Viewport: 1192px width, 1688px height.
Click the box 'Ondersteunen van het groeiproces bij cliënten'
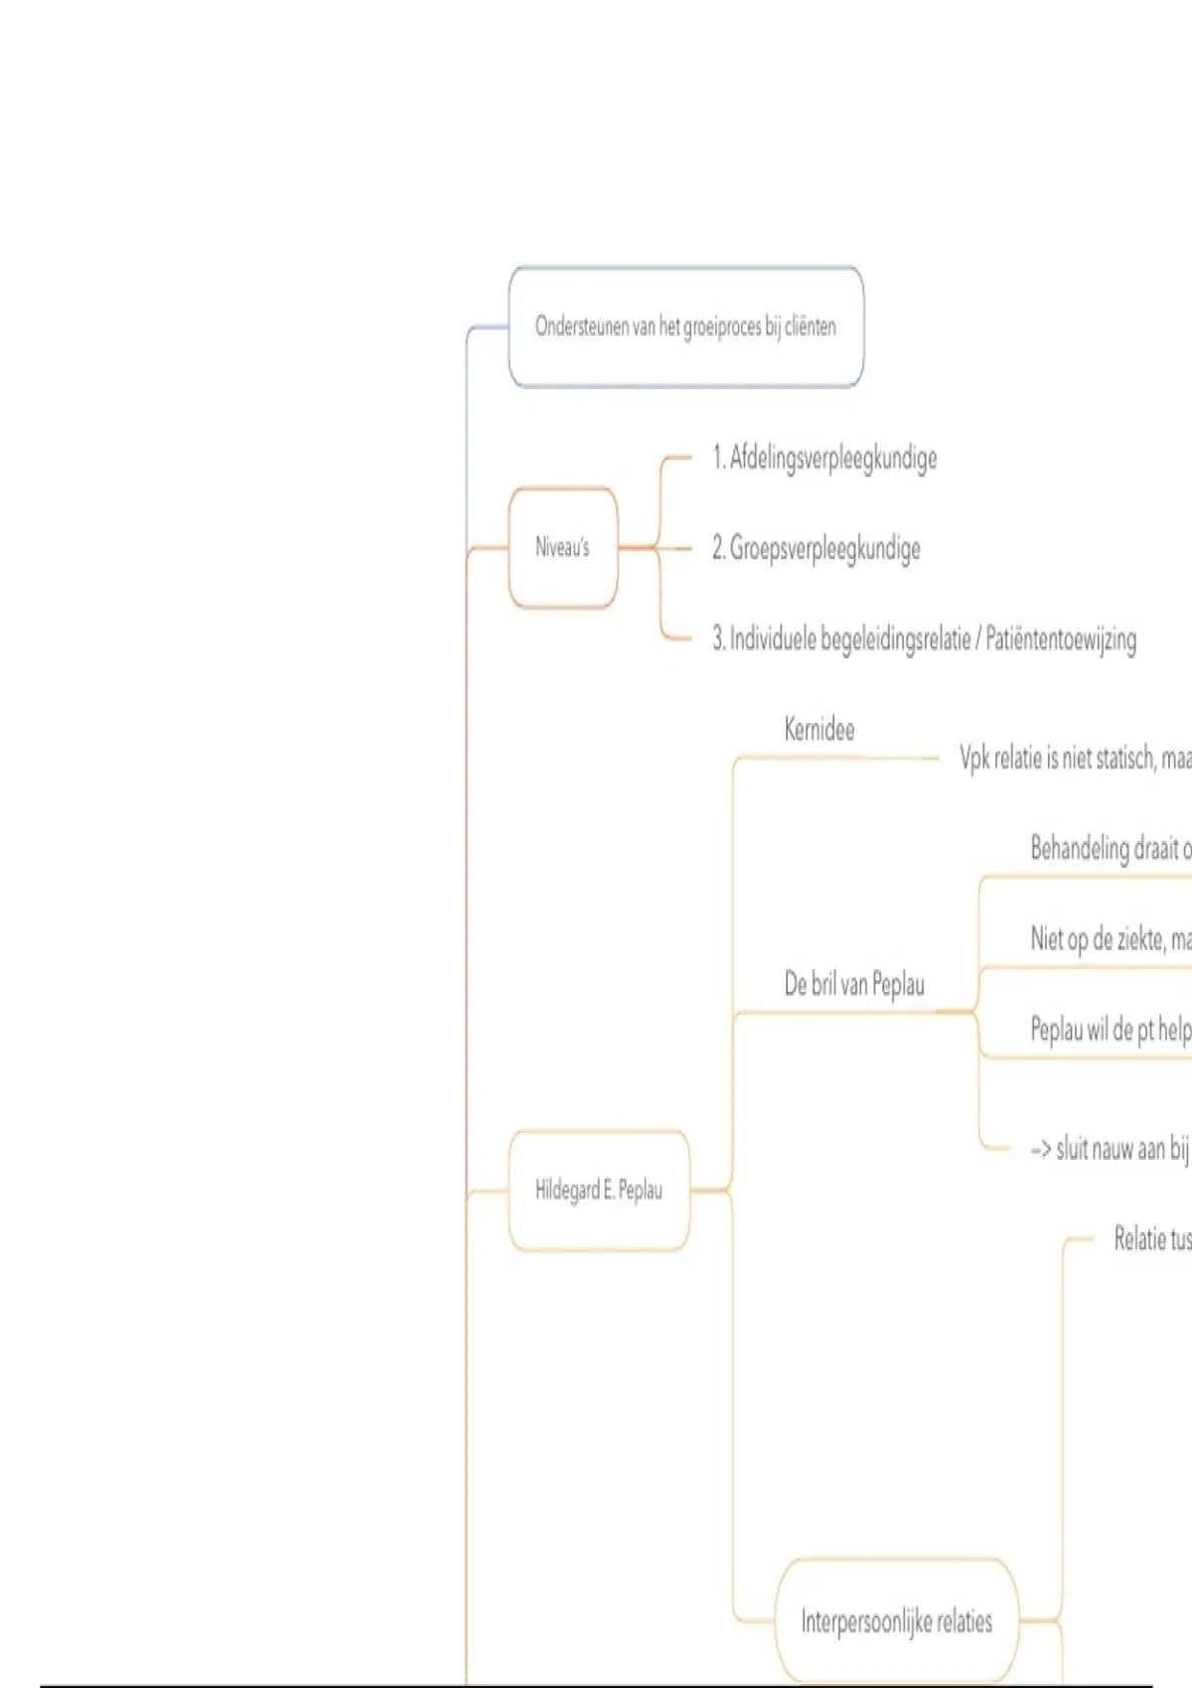(685, 327)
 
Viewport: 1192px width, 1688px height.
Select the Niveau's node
(562, 547)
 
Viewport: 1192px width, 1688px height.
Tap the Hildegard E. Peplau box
(598, 1190)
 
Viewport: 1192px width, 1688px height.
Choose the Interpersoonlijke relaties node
(896, 1621)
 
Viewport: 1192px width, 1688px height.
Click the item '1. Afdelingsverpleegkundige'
(824, 458)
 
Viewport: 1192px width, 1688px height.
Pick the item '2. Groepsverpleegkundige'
(816, 548)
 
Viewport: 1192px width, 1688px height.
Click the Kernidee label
(819, 730)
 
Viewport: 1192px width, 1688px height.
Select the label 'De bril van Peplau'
(854, 984)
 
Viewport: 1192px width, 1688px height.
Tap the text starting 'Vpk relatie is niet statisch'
(1074, 759)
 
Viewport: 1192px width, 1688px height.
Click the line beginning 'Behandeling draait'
(1110, 849)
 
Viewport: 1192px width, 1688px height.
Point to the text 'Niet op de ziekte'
(1110, 939)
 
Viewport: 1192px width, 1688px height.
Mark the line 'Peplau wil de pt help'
(1110, 1030)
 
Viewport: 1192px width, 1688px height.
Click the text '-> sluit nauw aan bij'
(1110, 1149)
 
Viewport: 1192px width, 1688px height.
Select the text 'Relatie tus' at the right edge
(1151, 1238)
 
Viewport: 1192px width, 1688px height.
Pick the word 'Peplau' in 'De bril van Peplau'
(898, 984)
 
